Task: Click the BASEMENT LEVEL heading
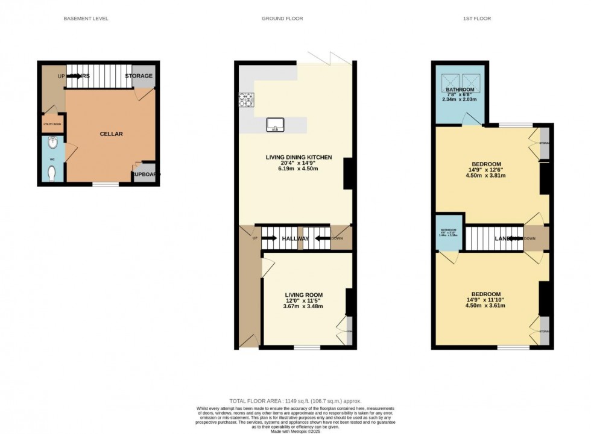point(86,19)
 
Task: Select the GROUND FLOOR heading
point(282,19)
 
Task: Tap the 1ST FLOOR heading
point(478,19)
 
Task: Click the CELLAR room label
point(111,134)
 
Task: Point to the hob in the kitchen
point(247,99)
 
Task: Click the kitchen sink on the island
point(275,125)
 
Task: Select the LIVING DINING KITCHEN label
point(299,158)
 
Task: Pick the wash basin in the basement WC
point(53,144)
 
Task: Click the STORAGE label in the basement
point(139,76)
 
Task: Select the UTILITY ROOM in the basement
point(52,124)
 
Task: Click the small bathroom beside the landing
point(449,232)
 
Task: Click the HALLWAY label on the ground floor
point(295,239)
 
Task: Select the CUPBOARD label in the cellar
point(145,175)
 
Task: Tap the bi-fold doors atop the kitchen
point(329,58)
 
